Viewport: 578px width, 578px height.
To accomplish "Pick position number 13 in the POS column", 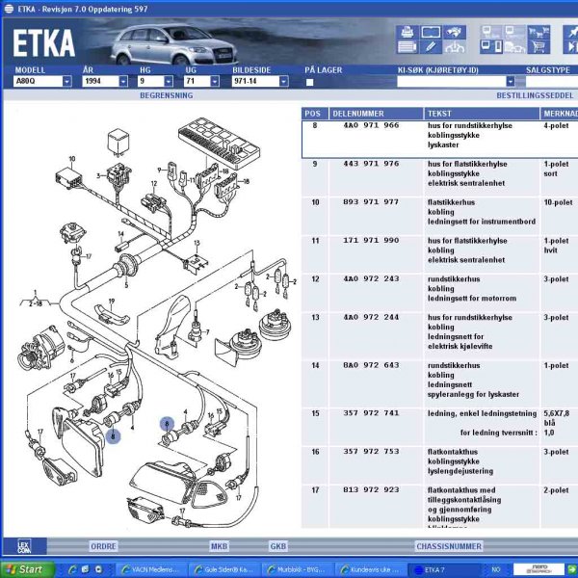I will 314,317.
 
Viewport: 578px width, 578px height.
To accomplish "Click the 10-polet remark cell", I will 557,202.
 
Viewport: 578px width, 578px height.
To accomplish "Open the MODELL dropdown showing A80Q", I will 43,81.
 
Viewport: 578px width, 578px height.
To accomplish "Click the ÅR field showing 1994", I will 105,81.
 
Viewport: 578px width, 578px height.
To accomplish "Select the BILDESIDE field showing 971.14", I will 260,81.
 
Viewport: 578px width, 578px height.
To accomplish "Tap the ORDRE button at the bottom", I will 103,545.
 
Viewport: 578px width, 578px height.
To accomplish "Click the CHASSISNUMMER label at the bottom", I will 448,545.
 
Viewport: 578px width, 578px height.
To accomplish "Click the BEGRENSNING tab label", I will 166,96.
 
